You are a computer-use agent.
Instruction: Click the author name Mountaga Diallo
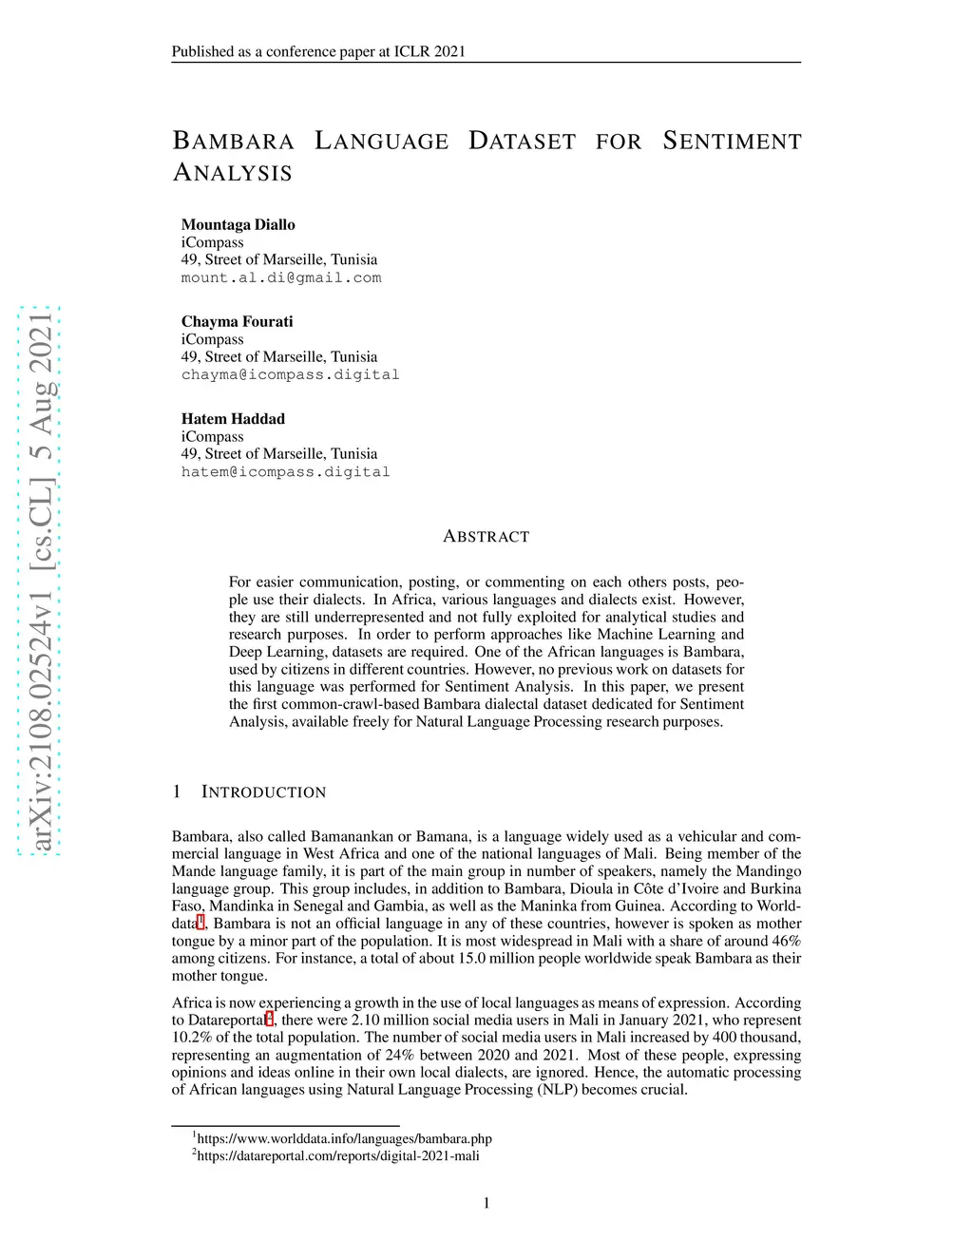click(x=238, y=224)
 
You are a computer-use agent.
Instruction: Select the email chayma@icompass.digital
click(x=290, y=374)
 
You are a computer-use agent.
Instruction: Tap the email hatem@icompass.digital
click(x=285, y=471)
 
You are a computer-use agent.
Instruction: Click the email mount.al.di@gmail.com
click(x=281, y=277)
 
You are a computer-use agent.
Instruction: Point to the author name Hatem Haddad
click(x=233, y=418)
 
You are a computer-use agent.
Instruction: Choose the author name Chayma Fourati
click(x=237, y=321)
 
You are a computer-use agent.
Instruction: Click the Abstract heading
click(x=486, y=536)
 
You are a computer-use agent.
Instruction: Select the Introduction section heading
click(x=263, y=792)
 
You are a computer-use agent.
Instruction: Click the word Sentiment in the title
click(x=732, y=142)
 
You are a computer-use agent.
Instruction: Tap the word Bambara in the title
click(x=233, y=142)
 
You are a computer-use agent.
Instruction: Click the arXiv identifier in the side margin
click(x=39, y=581)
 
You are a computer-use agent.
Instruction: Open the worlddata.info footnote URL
click(x=344, y=1138)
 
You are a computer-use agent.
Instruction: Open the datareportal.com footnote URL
click(x=337, y=1155)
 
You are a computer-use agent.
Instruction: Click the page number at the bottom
click(x=486, y=1203)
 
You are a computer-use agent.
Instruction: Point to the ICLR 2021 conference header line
click(x=318, y=51)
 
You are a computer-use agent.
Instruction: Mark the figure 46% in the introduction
click(x=787, y=941)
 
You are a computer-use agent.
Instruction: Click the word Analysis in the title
click(x=233, y=173)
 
